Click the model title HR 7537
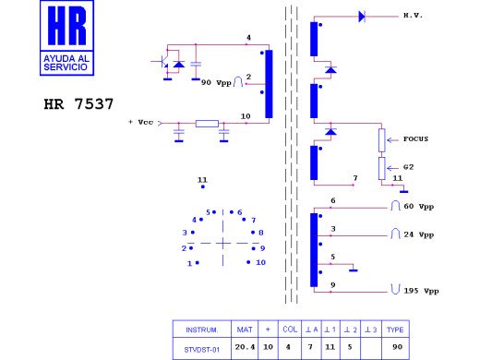[79, 104]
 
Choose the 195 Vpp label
[419, 291]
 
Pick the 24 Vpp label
[421, 234]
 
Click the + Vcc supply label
[144, 123]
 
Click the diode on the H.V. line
[361, 17]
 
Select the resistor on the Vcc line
[207, 123]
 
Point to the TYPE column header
[394, 330]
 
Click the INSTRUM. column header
[201, 330]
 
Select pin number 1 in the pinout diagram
[190, 263]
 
